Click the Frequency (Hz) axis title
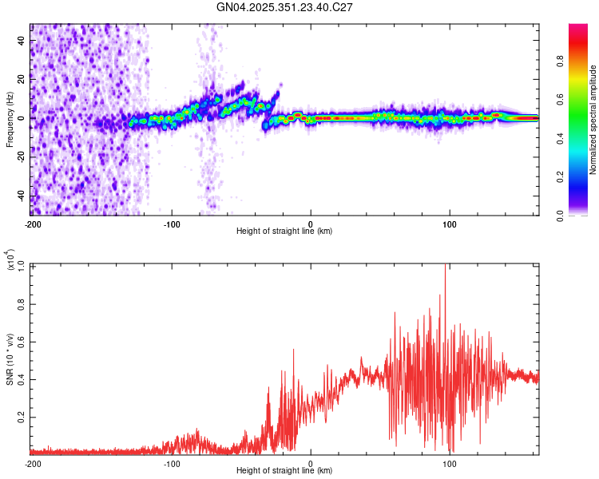click(x=10, y=119)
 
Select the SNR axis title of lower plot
click(x=10, y=358)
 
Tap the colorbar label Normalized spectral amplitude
click(x=593, y=120)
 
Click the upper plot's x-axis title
click(x=284, y=231)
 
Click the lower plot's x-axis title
click(x=284, y=470)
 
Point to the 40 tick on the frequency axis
click(x=22, y=40)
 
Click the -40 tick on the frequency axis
click(x=21, y=196)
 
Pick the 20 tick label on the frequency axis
click(x=22, y=79)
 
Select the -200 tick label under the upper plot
click(x=32, y=224)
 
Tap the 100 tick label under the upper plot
click(x=450, y=224)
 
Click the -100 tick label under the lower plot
click(x=172, y=463)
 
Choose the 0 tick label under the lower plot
click(x=311, y=463)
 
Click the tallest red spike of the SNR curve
click(x=445, y=267)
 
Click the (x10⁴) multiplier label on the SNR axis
click(x=10, y=260)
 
